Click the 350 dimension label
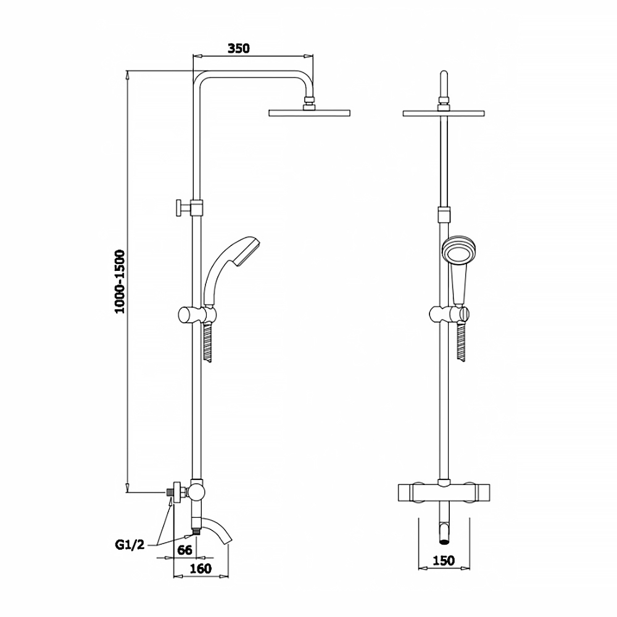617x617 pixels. tap(238, 48)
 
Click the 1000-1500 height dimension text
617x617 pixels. tap(119, 281)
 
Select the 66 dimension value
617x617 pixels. tap(184, 550)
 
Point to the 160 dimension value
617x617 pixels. tap(201, 568)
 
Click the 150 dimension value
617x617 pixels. tap(444, 560)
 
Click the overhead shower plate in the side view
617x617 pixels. tap(309, 114)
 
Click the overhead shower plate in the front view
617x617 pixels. tap(444, 114)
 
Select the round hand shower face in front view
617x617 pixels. tap(459, 252)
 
